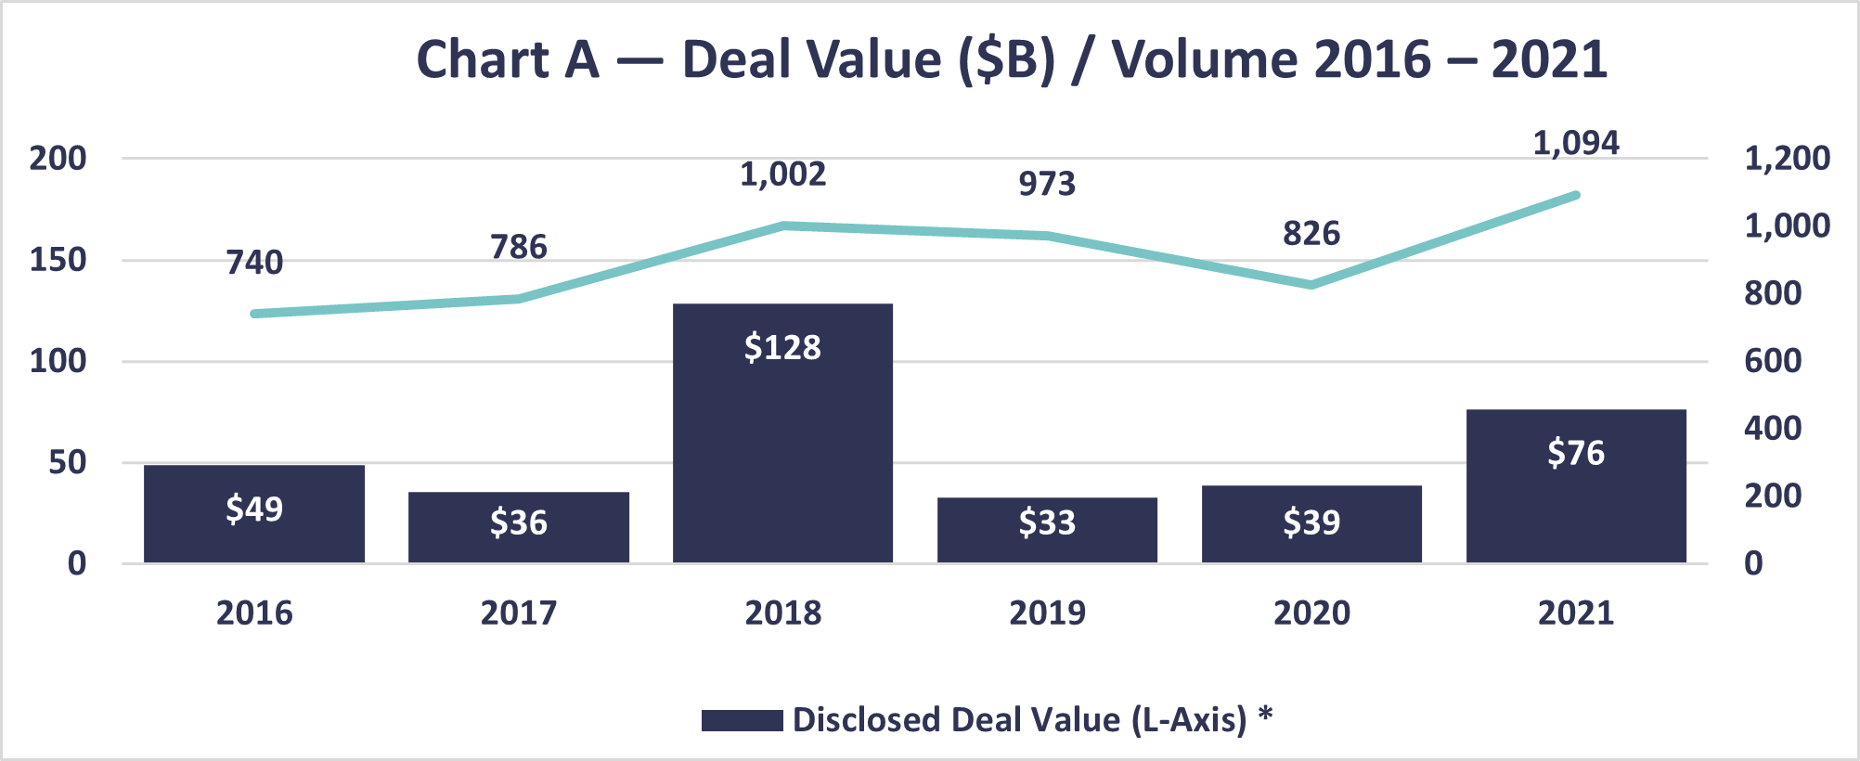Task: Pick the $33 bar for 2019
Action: point(1047,530)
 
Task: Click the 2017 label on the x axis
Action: point(519,613)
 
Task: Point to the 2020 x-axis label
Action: point(1311,613)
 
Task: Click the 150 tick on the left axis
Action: point(58,260)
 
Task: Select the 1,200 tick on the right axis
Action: point(1787,158)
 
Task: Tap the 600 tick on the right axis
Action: point(1773,361)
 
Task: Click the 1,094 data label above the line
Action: point(1575,143)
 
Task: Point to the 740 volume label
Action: point(254,263)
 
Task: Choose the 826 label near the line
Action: point(1311,233)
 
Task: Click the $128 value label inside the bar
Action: point(782,347)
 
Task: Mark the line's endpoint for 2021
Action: point(1575,195)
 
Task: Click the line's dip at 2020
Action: point(1311,285)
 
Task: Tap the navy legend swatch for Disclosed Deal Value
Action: point(742,720)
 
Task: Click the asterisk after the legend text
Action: point(1265,715)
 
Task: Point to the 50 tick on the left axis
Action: point(67,462)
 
